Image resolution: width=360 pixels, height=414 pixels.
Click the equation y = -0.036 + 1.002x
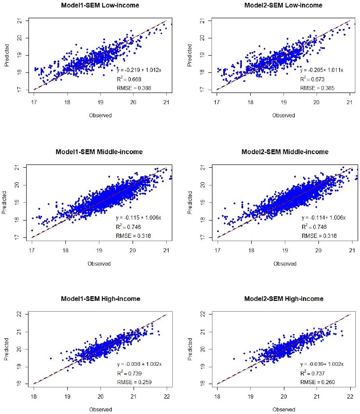[139, 364]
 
